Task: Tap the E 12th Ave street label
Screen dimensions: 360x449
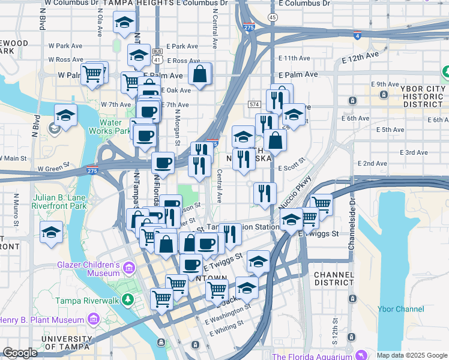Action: coord(361,58)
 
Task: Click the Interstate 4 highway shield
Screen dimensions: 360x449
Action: coord(357,35)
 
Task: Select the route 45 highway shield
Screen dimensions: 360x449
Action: coord(273,18)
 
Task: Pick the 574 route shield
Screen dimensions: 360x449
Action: coord(254,104)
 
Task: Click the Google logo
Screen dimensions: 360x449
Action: coord(20,353)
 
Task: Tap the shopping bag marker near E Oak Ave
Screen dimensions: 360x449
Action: coord(200,74)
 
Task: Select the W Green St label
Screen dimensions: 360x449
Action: coord(58,169)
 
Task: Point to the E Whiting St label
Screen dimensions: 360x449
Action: coord(226,325)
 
